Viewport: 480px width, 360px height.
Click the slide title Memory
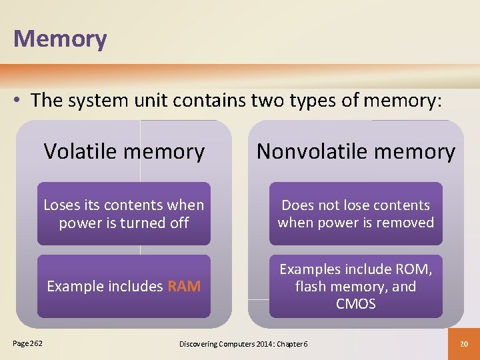click(x=60, y=39)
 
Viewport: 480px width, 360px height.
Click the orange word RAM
click(x=184, y=287)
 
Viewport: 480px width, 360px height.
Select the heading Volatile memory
click(x=124, y=151)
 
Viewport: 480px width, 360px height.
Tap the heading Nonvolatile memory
click(x=355, y=151)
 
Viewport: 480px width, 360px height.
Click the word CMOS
click(x=356, y=304)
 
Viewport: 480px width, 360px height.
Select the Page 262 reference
click(x=27, y=343)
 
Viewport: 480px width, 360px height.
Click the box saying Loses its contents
click(x=124, y=214)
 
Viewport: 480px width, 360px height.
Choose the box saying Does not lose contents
click(x=355, y=214)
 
